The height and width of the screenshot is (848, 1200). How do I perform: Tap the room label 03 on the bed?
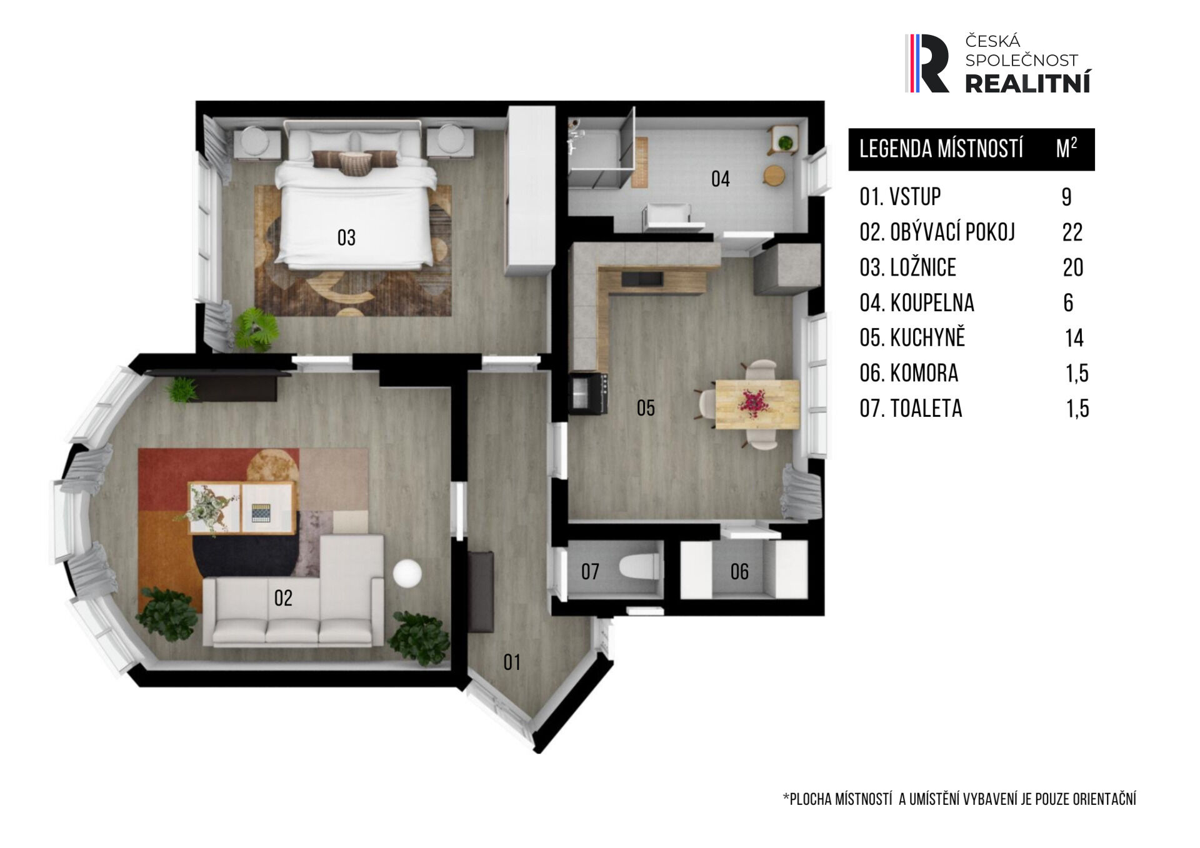click(x=346, y=237)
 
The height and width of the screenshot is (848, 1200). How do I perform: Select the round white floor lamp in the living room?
click(x=407, y=573)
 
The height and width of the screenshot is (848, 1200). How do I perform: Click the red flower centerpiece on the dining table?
click(x=752, y=402)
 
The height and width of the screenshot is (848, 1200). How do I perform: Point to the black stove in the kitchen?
click(x=587, y=393)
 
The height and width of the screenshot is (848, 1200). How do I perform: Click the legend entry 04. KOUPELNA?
click(x=917, y=303)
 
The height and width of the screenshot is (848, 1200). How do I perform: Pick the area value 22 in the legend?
click(x=1072, y=232)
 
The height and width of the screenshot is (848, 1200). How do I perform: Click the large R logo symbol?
click(x=927, y=64)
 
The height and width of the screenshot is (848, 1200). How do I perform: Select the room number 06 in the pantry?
click(x=739, y=571)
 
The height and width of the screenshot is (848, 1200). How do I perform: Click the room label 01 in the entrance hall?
click(x=512, y=662)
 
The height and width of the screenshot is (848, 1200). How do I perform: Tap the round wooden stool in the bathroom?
click(x=774, y=175)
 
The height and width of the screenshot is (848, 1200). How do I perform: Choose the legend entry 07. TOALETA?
click(x=911, y=409)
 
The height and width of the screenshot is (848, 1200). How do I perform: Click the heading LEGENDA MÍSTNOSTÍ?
click(x=941, y=149)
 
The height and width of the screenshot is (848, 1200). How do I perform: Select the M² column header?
click(x=1066, y=148)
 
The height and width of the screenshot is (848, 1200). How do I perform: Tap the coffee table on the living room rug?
click(x=242, y=508)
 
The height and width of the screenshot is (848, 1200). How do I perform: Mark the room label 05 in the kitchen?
click(x=646, y=408)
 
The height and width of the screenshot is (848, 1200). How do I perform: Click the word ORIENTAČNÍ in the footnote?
click(x=1104, y=799)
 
